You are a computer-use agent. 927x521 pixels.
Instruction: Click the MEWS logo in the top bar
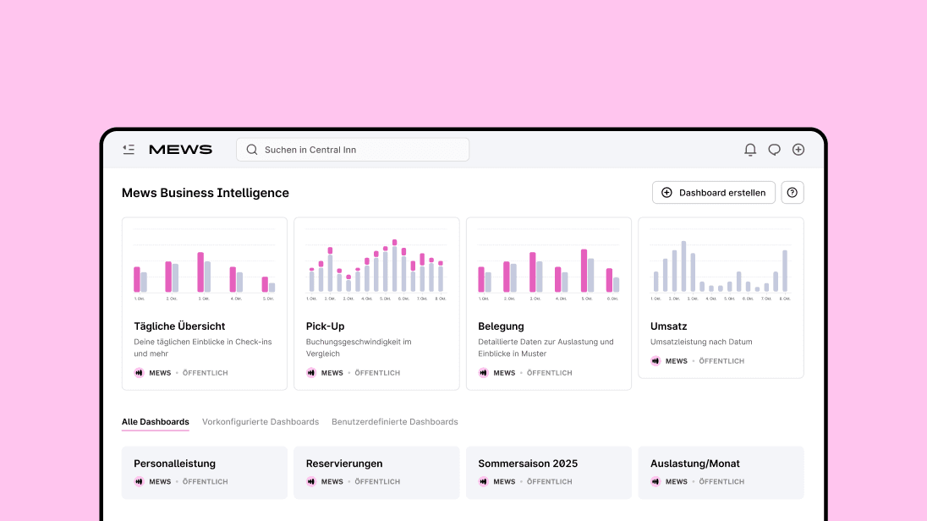(x=180, y=150)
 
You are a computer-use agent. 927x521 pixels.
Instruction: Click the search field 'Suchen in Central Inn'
(x=352, y=150)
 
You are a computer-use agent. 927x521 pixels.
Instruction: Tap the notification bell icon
(x=750, y=150)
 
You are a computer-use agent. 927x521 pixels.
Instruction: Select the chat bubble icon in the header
(x=774, y=150)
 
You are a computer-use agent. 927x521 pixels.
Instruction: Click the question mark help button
(x=792, y=193)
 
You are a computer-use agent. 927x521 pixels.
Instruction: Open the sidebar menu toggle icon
(x=129, y=150)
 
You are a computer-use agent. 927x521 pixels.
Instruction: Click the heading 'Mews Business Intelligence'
(x=206, y=193)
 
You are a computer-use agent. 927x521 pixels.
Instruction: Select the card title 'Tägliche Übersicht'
(x=179, y=326)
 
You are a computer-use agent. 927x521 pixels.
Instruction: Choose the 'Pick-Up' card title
(x=325, y=326)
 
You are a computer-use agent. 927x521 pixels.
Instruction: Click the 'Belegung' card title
(x=501, y=326)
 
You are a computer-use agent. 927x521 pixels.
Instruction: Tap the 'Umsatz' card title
(x=668, y=326)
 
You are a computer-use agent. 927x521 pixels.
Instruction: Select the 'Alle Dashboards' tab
(x=156, y=421)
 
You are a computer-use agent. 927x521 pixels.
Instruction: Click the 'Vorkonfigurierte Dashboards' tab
(x=261, y=421)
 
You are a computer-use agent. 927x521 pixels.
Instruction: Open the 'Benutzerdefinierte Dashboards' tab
(x=394, y=421)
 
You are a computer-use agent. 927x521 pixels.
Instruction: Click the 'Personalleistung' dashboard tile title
(x=174, y=463)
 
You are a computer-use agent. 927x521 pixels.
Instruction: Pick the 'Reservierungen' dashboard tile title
(x=344, y=463)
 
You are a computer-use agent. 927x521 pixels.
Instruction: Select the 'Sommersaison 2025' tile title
(x=528, y=463)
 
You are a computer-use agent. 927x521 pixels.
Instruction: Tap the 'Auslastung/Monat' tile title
(x=695, y=463)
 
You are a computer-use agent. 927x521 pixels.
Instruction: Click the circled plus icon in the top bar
(x=798, y=150)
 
